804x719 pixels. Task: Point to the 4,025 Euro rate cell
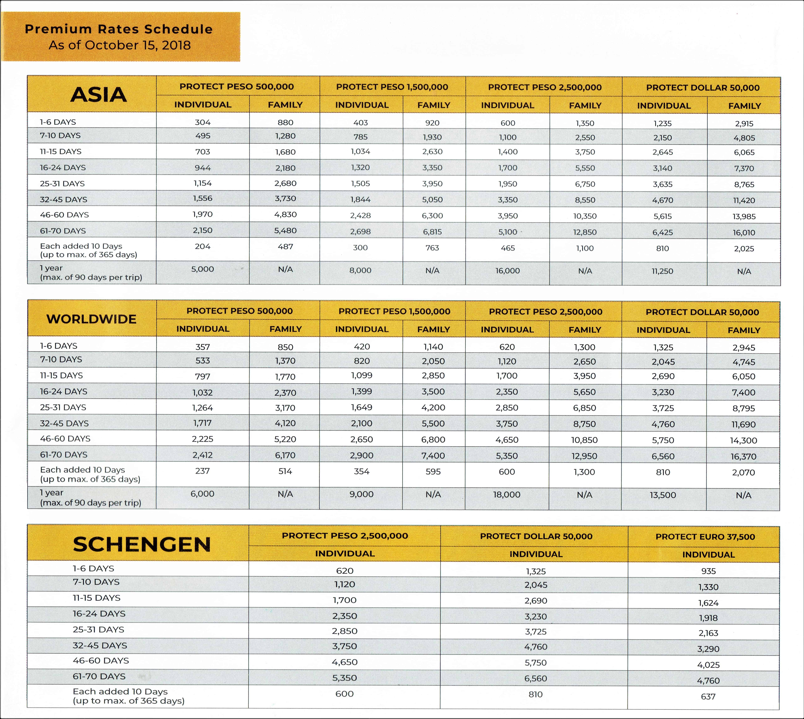[708, 665]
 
